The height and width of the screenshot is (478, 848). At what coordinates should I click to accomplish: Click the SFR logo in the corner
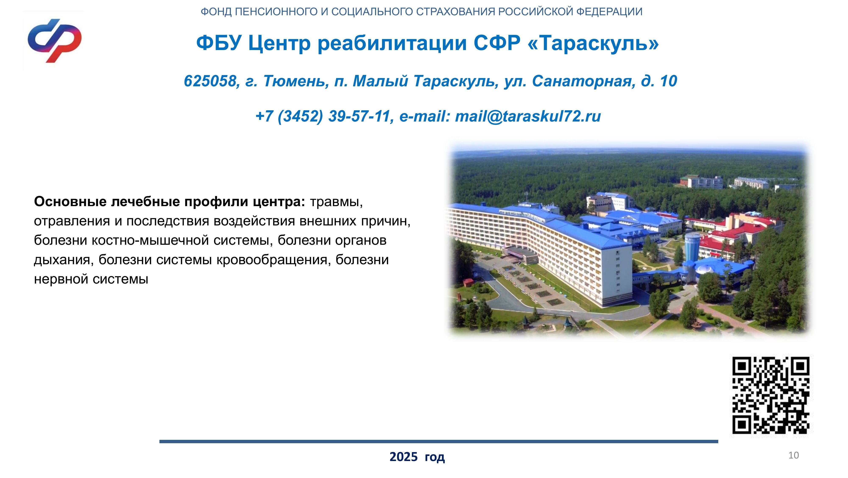[55, 41]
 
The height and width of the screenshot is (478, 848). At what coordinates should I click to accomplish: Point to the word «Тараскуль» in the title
[593, 43]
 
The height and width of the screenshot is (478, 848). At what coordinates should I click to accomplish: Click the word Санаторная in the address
[584, 81]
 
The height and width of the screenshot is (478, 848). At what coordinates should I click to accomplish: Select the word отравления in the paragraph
[72, 221]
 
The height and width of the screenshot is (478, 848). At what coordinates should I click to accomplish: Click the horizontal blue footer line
[439, 442]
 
